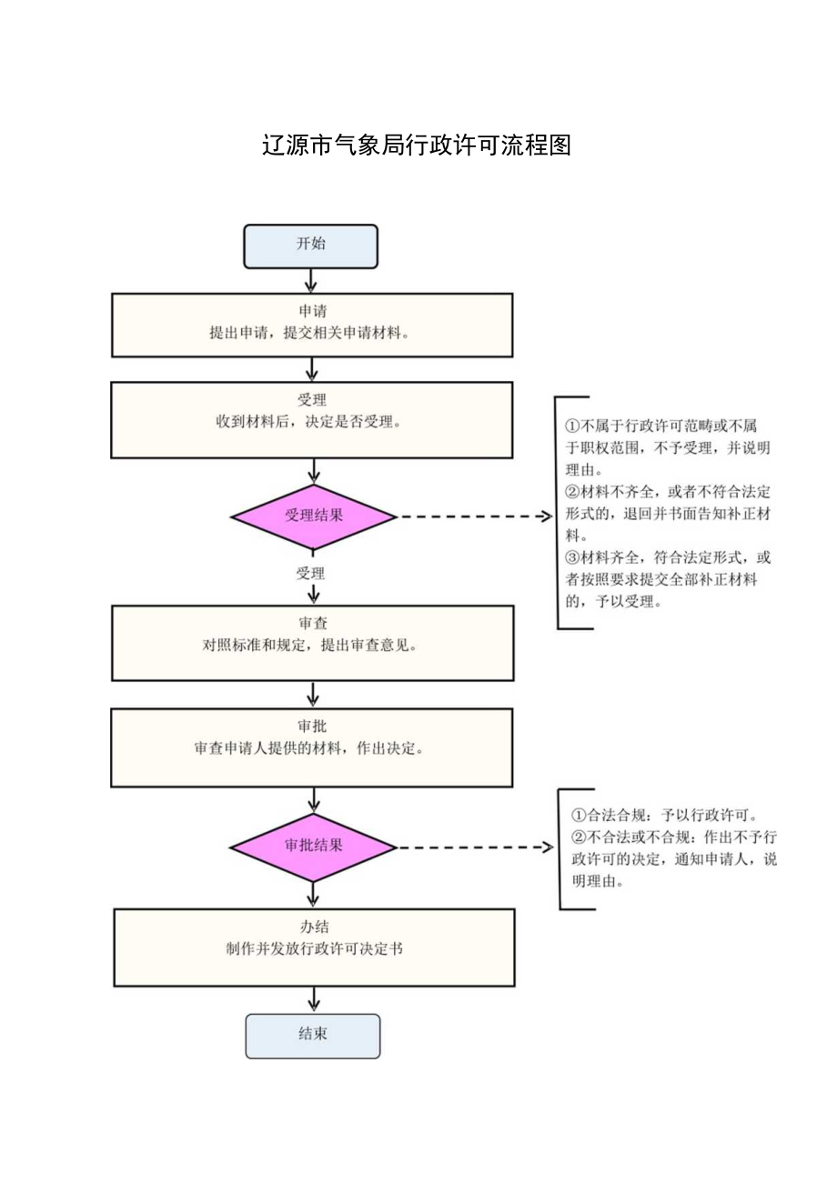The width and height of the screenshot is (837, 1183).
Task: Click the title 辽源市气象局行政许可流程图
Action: click(417, 145)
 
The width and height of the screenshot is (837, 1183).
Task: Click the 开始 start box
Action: click(310, 246)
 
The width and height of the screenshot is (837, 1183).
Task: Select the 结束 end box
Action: click(312, 1036)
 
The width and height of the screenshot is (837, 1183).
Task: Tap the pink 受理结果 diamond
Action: click(314, 516)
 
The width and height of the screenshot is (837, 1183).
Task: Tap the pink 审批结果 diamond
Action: click(313, 847)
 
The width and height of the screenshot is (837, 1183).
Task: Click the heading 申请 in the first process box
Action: click(311, 311)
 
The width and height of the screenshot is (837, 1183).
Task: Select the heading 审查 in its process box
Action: click(312, 624)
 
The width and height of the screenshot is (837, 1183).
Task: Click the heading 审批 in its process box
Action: click(312, 727)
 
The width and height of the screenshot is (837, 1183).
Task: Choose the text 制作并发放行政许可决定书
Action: click(315, 948)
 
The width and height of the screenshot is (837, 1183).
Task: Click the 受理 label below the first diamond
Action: click(310, 574)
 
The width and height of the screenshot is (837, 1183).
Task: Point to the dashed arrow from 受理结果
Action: click(473, 516)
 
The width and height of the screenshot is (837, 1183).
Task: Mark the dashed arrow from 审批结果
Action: click(473, 847)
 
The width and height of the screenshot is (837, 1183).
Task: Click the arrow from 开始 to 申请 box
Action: click(311, 281)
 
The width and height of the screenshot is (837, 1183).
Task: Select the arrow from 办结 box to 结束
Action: click(313, 1000)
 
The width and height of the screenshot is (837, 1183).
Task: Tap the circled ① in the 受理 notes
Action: click(572, 426)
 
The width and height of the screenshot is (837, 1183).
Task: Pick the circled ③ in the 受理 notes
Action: click(572, 556)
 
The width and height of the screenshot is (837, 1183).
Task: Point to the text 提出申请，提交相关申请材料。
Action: click(311, 333)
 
